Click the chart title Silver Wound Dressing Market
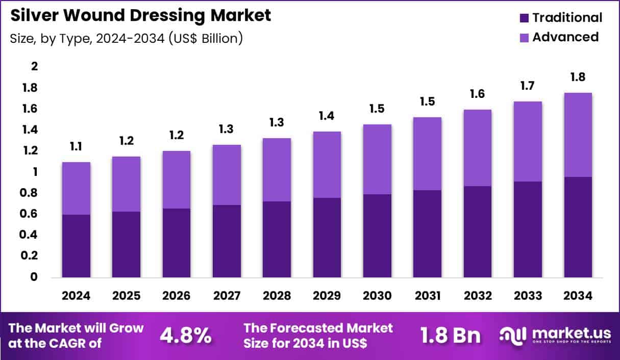coord(140,15)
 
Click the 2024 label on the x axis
coord(77,296)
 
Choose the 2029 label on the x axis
coord(327,296)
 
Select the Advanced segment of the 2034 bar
coord(578,135)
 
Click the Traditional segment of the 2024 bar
coord(77,246)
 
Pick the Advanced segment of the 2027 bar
coord(227,175)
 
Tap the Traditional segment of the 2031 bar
coord(428,234)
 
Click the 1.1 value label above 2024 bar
coord(77,147)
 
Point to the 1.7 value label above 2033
coord(528,86)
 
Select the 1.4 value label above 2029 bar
coord(327,116)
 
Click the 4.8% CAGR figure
coord(186,335)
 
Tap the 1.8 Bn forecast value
coord(450,335)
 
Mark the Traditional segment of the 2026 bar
coord(177,243)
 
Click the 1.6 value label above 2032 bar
coord(478,94)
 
